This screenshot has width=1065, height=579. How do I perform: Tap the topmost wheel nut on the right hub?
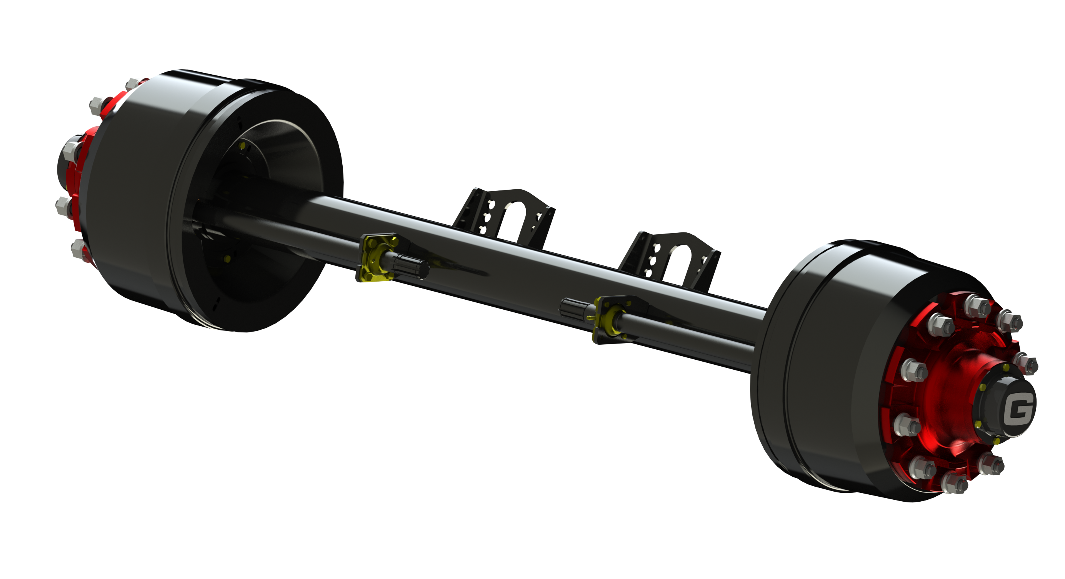point(978,306)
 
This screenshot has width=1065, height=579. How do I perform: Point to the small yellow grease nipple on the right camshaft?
point(589,318)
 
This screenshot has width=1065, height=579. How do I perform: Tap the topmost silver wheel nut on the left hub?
point(132,83)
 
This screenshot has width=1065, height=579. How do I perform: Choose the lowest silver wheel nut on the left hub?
point(78,249)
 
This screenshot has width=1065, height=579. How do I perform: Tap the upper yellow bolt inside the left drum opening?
point(242,145)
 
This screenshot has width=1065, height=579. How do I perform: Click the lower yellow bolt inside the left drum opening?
point(227,259)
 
